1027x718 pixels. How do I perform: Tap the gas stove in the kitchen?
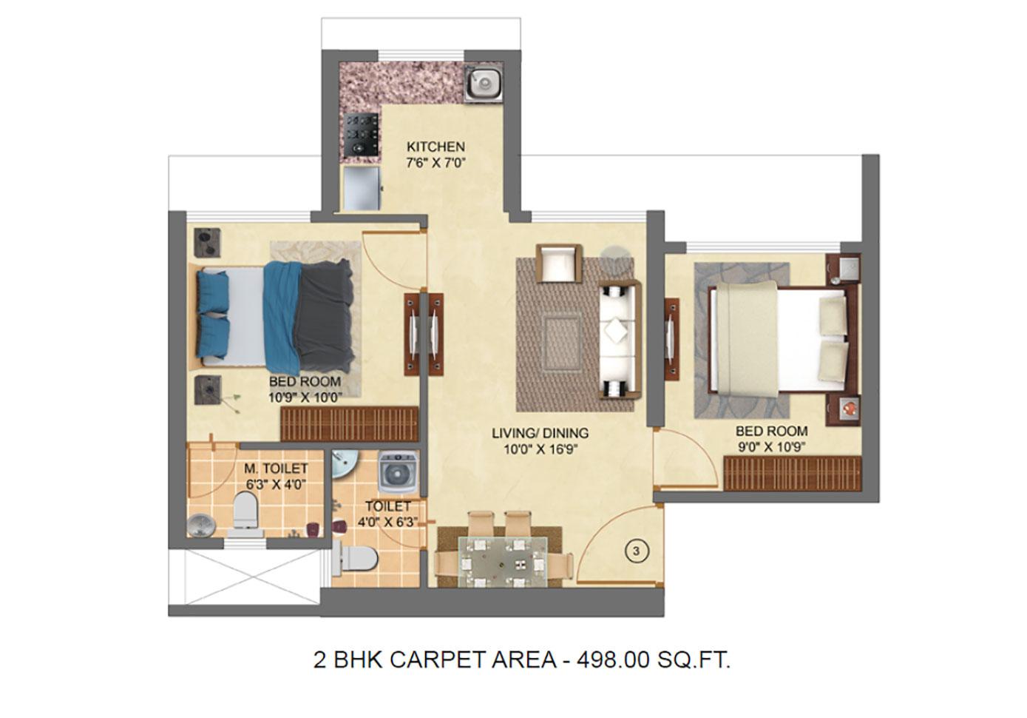coord(362,135)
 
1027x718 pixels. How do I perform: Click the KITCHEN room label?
coord(435,147)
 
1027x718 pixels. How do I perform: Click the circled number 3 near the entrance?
coord(637,551)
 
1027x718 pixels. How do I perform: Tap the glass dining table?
coord(503,561)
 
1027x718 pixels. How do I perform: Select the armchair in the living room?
coord(559,263)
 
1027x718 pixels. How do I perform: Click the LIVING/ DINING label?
coord(540,433)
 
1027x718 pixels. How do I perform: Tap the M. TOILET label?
coord(276,469)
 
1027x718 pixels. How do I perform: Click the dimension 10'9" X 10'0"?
coord(305,397)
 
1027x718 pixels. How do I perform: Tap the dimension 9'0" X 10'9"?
coord(772,447)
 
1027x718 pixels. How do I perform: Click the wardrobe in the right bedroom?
coord(793,473)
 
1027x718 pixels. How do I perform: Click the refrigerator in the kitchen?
coord(362,188)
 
